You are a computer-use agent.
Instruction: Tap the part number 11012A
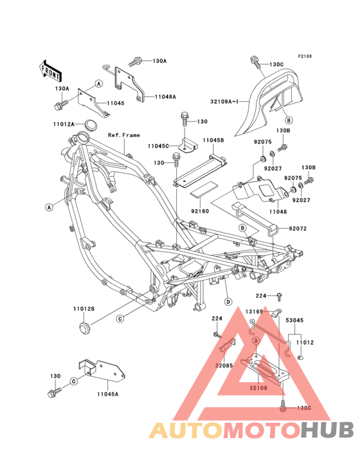point(82,123)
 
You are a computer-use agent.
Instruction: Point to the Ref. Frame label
point(123,135)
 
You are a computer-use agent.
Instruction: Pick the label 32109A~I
point(226,101)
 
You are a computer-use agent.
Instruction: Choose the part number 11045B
point(213,140)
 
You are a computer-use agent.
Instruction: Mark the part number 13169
point(253,311)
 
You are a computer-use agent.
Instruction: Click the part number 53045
point(296,319)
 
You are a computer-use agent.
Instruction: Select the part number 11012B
point(84,308)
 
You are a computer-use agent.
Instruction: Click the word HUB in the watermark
point(327,430)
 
